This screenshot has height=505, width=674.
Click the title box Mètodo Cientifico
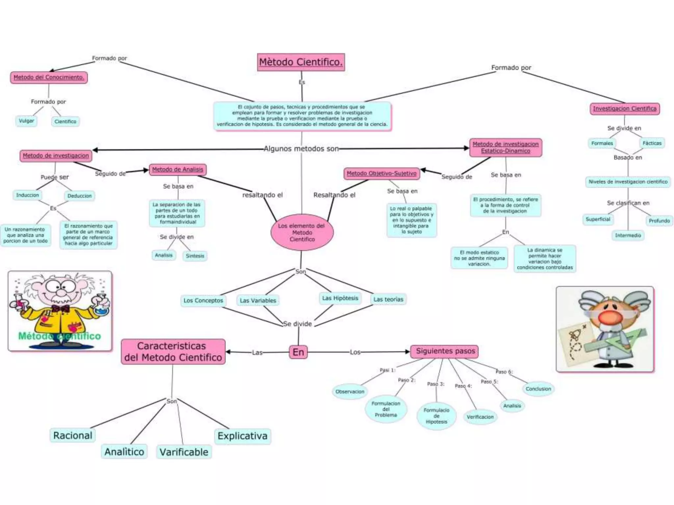(x=301, y=62)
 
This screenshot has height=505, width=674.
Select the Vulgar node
(x=26, y=121)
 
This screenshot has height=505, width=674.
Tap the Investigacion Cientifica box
(x=625, y=108)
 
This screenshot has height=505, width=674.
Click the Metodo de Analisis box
(x=178, y=169)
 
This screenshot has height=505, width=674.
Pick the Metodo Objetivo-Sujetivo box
(x=381, y=173)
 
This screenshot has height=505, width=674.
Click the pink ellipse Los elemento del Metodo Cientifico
(x=302, y=232)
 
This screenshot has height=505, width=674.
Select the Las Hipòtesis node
(x=340, y=298)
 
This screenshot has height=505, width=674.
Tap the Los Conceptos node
(x=203, y=301)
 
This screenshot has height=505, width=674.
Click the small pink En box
(x=298, y=352)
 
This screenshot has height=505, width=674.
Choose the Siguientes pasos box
(x=445, y=351)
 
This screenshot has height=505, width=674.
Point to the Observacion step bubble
(x=350, y=392)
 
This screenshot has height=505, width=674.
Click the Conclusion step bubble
(x=538, y=389)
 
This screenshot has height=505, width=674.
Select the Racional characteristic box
(x=73, y=435)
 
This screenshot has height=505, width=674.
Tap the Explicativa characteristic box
(x=243, y=436)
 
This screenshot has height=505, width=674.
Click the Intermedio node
(x=628, y=235)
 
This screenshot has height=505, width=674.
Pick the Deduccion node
(x=80, y=196)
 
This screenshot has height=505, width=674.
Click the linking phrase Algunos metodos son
(x=301, y=149)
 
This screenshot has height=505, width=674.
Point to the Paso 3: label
(x=436, y=384)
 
